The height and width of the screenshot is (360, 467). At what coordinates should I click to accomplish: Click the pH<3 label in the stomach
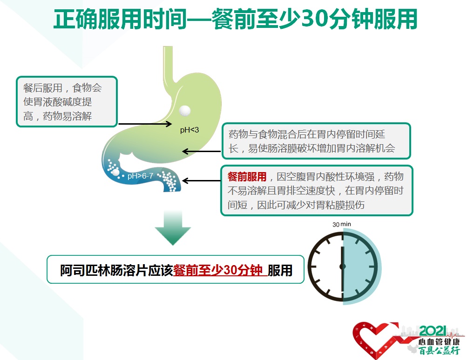point(190,130)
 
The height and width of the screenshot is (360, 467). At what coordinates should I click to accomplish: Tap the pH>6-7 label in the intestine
point(140,176)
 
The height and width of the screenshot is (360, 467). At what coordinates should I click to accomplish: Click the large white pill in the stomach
point(185,111)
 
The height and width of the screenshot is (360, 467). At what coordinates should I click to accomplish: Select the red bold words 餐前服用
point(247,177)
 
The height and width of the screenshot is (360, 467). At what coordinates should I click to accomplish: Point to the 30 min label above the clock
point(342,224)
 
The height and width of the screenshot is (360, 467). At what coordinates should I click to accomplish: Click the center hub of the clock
point(343,267)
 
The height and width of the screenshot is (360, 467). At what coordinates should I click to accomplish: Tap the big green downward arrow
point(173,228)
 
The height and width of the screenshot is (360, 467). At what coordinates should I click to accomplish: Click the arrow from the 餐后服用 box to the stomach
point(145,124)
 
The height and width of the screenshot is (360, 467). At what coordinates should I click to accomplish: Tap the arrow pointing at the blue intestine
point(201,180)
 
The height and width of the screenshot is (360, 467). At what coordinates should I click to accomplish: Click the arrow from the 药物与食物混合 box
point(201,152)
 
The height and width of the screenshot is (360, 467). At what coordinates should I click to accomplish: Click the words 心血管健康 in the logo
point(439,342)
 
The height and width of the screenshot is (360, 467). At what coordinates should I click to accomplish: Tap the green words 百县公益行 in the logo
point(439,351)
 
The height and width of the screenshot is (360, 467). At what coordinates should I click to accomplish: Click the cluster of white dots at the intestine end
point(168,180)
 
